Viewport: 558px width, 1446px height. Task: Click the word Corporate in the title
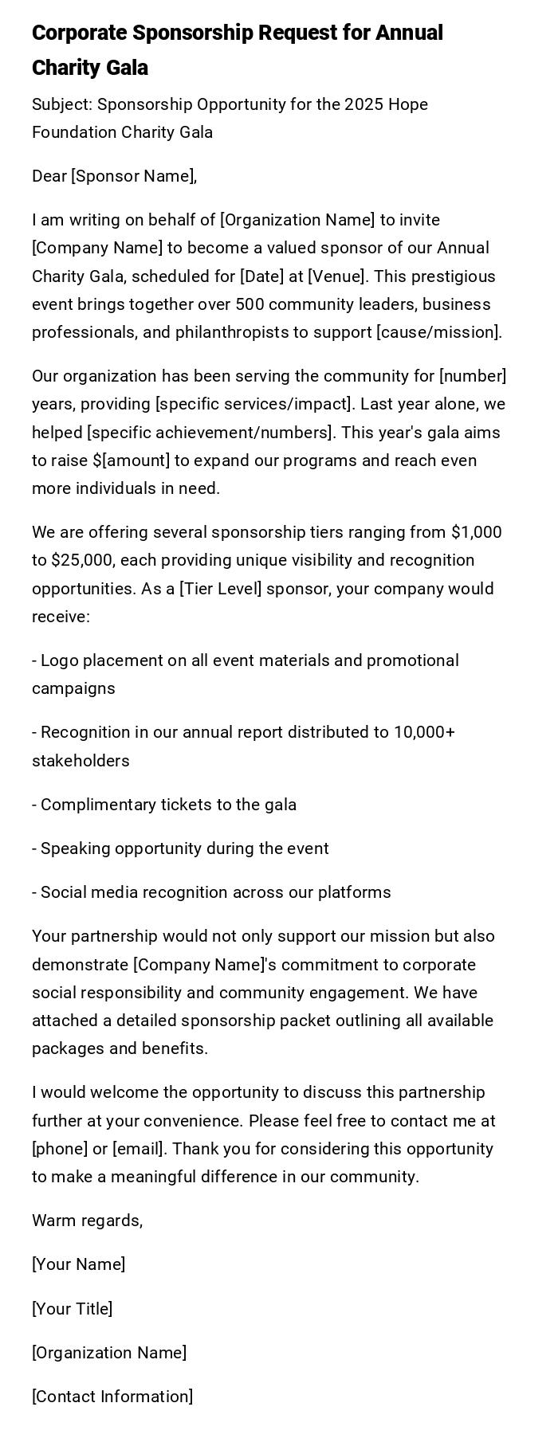[79, 33]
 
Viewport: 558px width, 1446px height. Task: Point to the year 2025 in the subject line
[364, 104]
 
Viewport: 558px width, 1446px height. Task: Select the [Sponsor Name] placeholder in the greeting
[134, 176]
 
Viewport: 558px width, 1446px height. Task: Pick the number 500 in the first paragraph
[268, 304]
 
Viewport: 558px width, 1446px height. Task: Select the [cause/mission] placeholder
[438, 332]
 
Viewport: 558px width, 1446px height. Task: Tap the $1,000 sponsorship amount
[476, 532]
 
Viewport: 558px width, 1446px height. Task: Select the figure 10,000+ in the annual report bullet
[424, 732]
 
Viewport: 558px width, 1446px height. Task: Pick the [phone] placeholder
[60, 1149]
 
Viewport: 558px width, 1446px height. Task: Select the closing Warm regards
[87, 1221]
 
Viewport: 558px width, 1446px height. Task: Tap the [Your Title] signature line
[72, 1309]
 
